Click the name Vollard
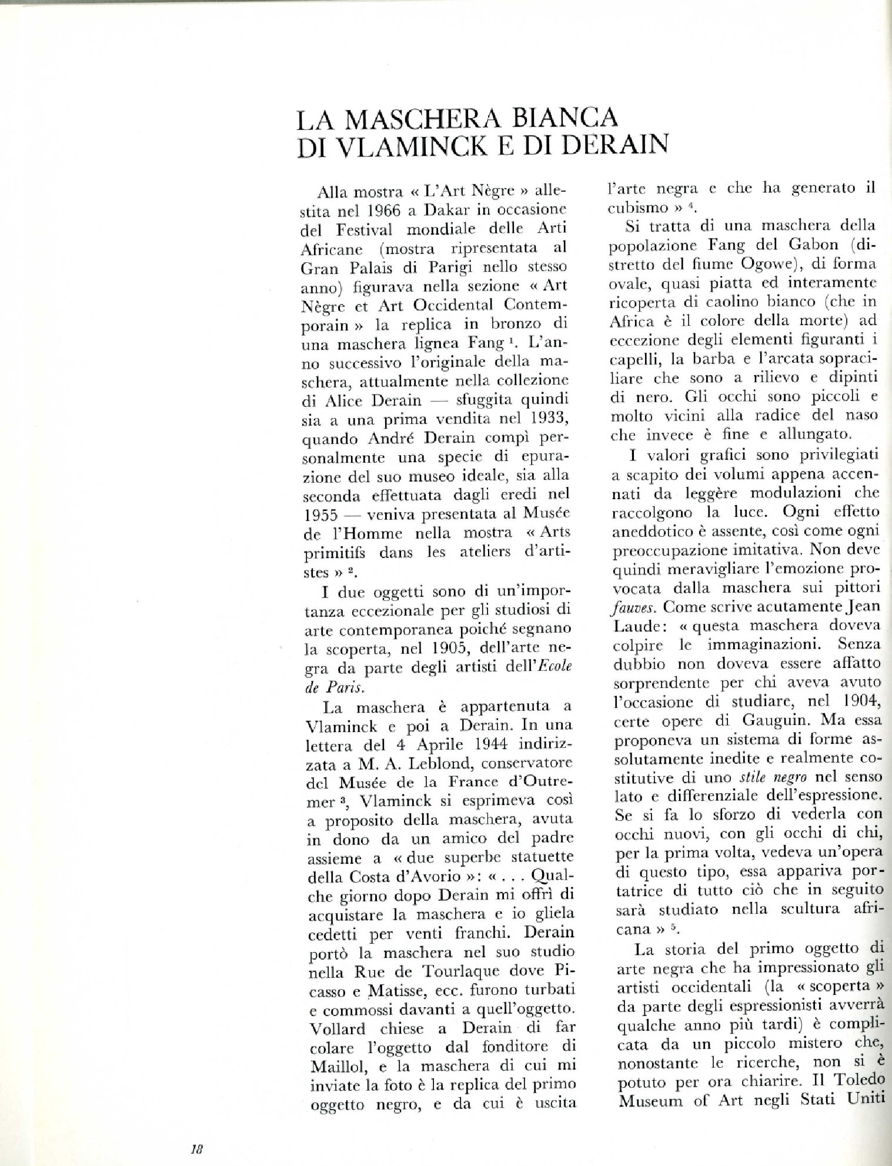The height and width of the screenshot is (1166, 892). (x=332, y=1029)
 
